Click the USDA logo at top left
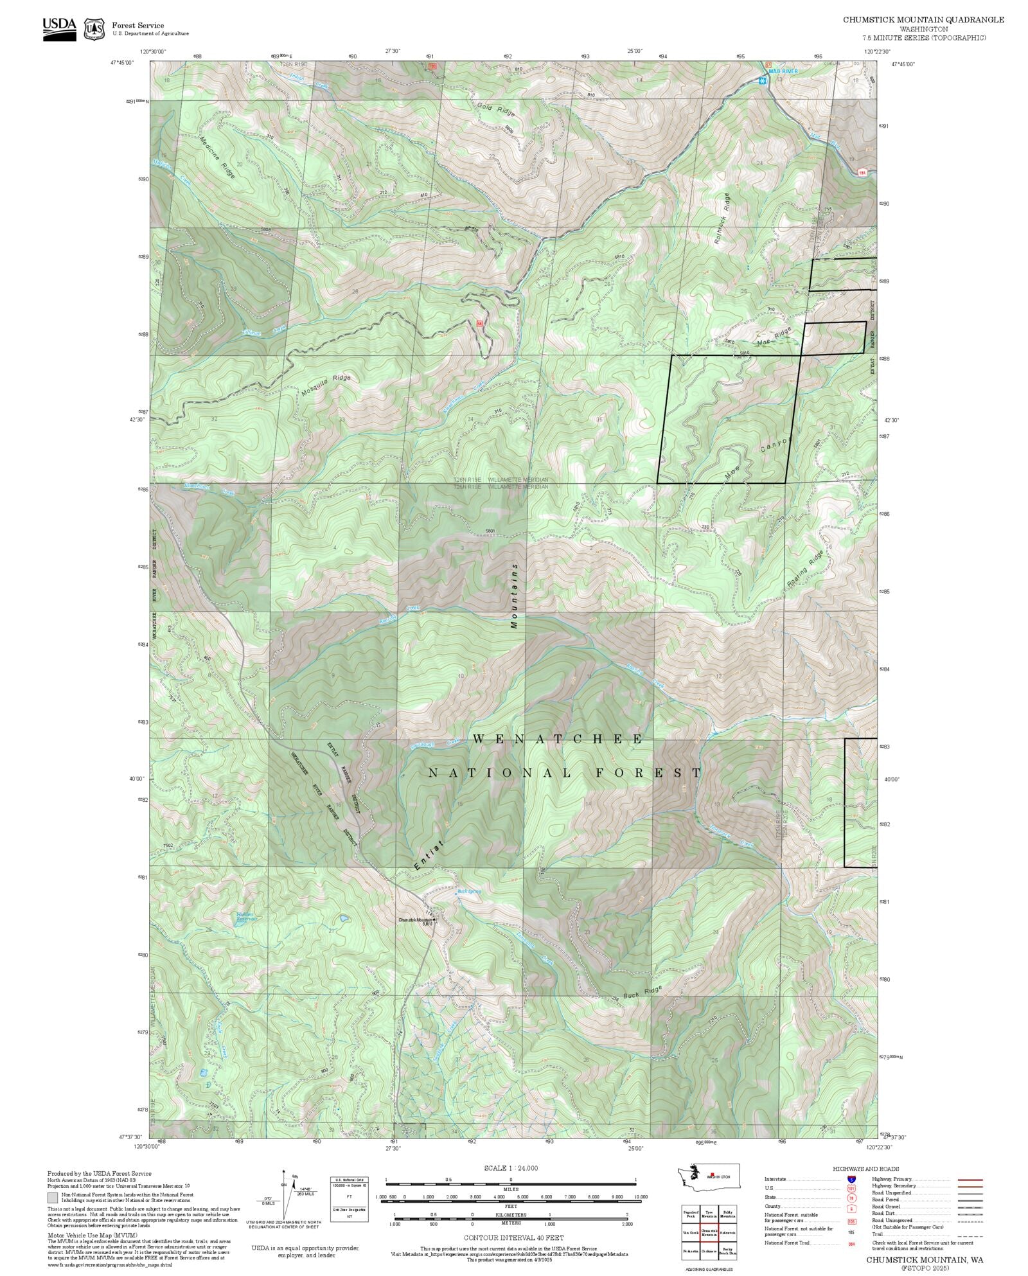(x=59, y=29)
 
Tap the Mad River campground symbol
(x=762, y=81)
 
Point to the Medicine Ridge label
(x=217, y=158)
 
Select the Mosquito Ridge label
(x=326, y=385)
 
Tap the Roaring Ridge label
(x=804, y=569)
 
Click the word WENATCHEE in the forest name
(x=557, y=740)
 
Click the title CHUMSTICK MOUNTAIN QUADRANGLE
(x=923, y=20)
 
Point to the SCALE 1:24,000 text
(x=511, y=1168)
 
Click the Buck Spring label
(x=469, y=891)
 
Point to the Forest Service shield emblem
(x=95, y=29)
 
